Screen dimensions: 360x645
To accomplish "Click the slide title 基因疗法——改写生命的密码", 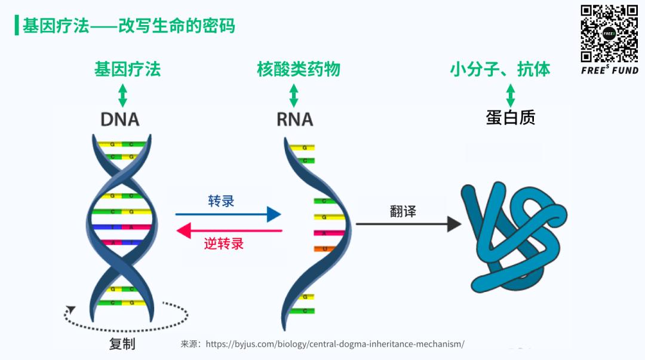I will coord(128,26).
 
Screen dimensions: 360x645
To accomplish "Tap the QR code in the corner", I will coord(610,33).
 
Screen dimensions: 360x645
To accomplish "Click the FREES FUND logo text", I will coord(610,70).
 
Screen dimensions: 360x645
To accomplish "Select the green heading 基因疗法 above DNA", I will coord(127,69).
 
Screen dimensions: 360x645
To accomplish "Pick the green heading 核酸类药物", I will coord(298,69).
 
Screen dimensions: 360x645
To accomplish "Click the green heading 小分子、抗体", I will coord(500,69).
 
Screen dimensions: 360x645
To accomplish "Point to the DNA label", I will coord(120,119).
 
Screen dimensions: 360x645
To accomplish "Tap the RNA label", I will coord(294,119).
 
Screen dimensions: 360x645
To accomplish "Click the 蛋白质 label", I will coord(511,118).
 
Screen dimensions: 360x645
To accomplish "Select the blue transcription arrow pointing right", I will coord(228,214).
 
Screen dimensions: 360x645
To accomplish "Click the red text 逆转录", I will coord(224,244).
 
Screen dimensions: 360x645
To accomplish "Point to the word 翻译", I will coord(403,211).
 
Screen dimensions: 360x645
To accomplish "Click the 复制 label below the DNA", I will coord(122,344).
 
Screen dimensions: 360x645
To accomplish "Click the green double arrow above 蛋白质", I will coord(511,96).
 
